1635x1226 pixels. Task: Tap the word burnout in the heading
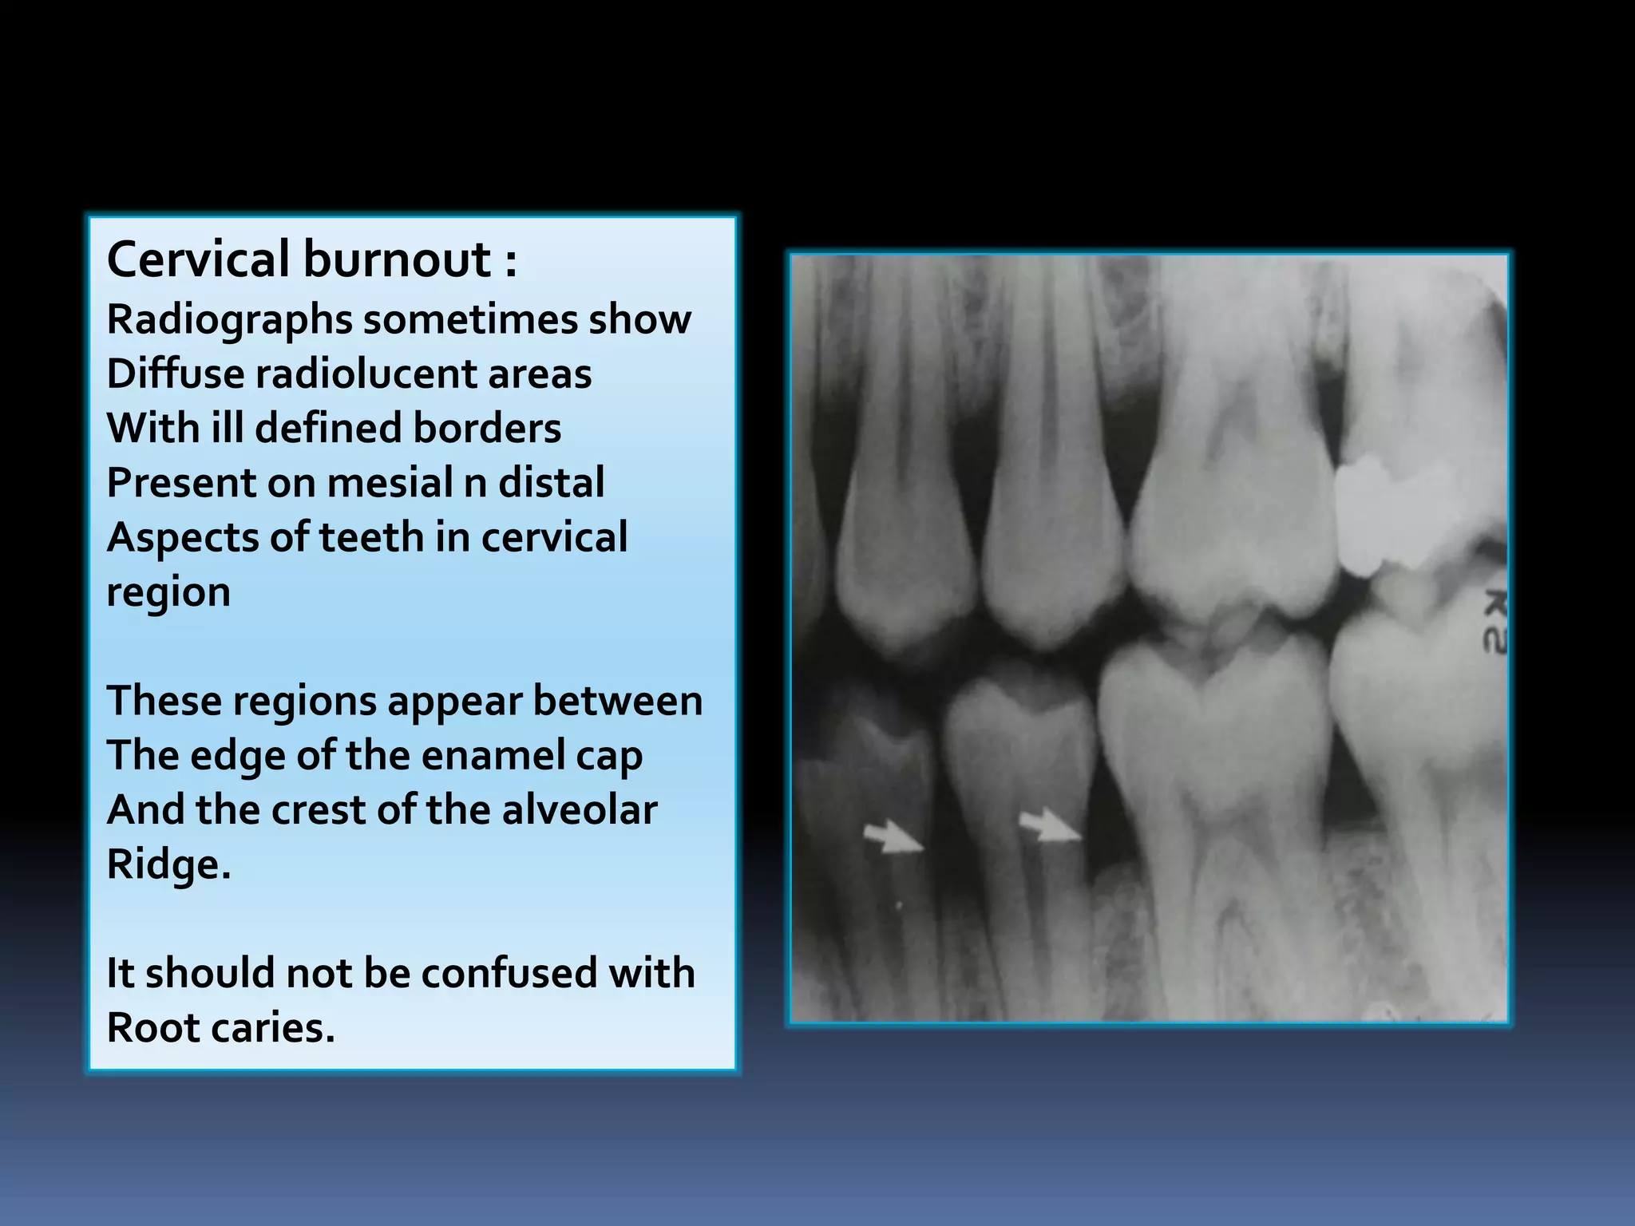point(397,259)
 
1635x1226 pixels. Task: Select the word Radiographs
point(229,320)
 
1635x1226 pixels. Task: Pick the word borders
point(487,428)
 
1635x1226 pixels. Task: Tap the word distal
point(552,482)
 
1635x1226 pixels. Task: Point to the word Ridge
point(167,864)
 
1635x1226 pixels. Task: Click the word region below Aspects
point(168,592)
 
